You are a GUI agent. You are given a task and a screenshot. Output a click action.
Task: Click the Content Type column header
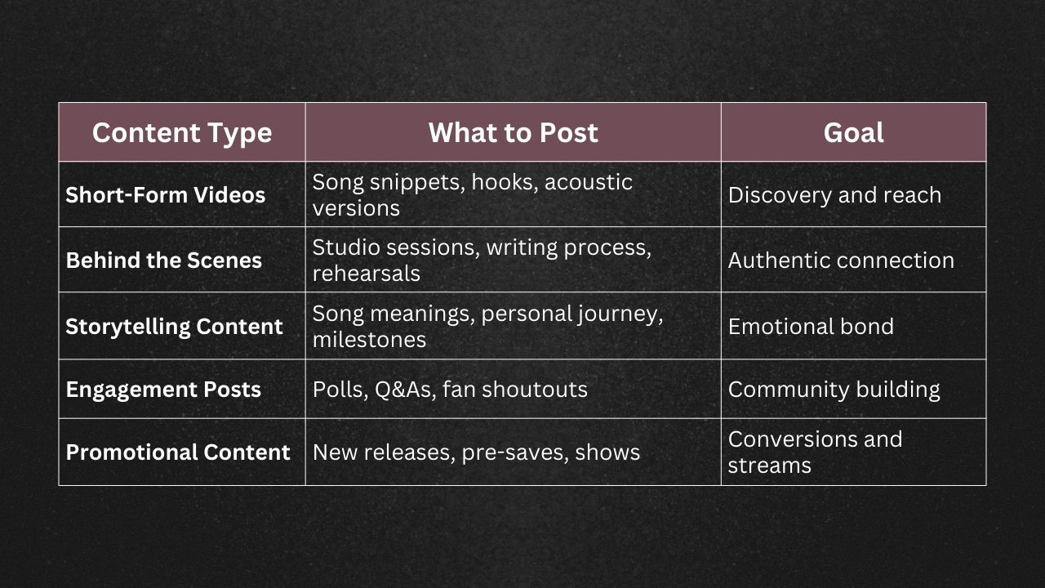pos(181,132)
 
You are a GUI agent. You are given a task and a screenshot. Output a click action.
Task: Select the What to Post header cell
pos(513,132)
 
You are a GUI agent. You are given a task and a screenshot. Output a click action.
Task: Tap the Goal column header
pos(853,132)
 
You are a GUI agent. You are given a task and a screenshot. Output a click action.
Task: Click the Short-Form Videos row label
pos(166,195)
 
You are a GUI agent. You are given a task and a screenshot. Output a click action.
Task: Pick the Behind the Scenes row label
pos(164,261)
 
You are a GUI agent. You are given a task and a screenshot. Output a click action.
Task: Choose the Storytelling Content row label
pos(174,327)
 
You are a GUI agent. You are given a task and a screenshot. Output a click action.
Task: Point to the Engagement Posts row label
pos(163,390)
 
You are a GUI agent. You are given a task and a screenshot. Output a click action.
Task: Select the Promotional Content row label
pos(178,452)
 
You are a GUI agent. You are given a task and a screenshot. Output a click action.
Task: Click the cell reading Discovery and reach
pos(834,195)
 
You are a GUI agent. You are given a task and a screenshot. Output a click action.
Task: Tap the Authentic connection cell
pos(841,261)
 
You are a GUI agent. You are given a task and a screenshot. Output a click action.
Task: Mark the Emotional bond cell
pos(811,327)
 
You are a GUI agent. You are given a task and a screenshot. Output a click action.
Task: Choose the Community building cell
pos(834,390)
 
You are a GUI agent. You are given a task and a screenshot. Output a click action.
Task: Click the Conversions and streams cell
pos(815,452)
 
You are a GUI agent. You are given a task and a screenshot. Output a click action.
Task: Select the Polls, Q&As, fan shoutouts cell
pos(450,390)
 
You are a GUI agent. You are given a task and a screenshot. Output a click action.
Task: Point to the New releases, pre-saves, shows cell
pos(476,452)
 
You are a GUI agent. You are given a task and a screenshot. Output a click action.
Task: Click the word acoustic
pos(588,182)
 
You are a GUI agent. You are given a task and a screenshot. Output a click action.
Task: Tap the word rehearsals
pos(366,274)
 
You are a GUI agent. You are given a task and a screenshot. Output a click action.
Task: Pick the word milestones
pos(369,340)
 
